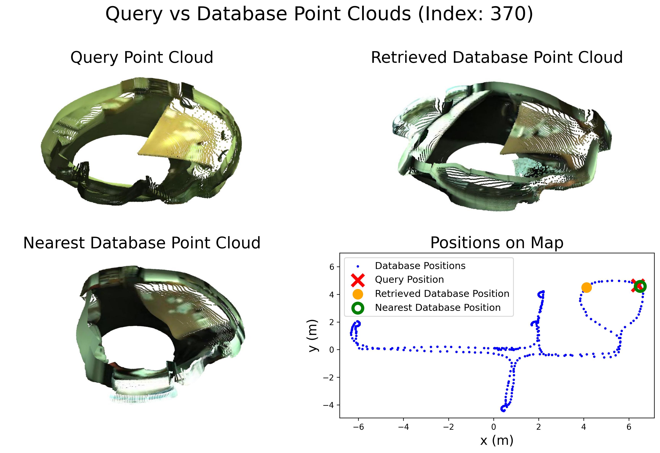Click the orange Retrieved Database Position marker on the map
[587, 288]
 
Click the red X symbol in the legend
[358, 280]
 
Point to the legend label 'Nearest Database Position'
[438, 308]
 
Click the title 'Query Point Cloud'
[142, 57]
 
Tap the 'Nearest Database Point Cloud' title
[142, 243]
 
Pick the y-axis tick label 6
[331, 267]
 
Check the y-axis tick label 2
[331, 322]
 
